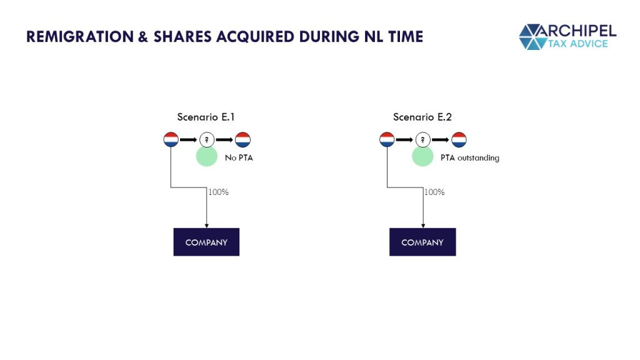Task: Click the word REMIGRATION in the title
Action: point(80,36)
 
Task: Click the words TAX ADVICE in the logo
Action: point(577,44)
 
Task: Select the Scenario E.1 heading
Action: point(206,117)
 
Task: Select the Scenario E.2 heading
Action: point(422,117)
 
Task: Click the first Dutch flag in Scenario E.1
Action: point(171,139)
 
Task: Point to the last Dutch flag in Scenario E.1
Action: point(243,139)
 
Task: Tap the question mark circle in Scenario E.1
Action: point(207,139)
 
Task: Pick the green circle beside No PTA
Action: point(206,156)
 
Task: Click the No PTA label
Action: point(239,157)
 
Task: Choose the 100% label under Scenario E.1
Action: point(218,192)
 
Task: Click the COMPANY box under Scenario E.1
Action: point(206,242)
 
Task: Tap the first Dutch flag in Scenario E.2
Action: point(387,139)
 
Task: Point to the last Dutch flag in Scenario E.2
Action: point(459,139)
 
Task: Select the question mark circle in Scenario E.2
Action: point(423,139)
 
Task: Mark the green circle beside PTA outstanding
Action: point(422,156)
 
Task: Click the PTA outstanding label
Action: point(470,157)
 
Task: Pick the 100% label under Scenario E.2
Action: point(434,192)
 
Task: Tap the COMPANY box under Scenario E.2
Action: point(422,242)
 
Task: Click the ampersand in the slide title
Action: point(143,37)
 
